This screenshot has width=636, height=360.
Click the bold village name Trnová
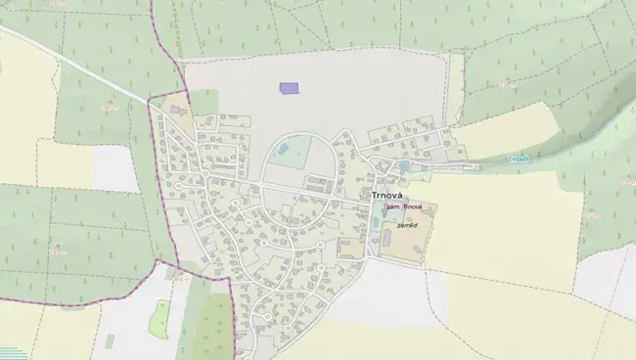390,195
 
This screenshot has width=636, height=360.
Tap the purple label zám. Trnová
404,207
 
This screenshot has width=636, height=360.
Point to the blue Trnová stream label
519,158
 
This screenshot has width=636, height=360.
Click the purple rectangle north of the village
289,87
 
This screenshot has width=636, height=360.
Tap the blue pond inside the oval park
283,149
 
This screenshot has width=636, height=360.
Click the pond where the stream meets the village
405,166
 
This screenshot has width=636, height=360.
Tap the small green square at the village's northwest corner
204,102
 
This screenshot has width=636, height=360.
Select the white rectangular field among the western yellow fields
115,169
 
